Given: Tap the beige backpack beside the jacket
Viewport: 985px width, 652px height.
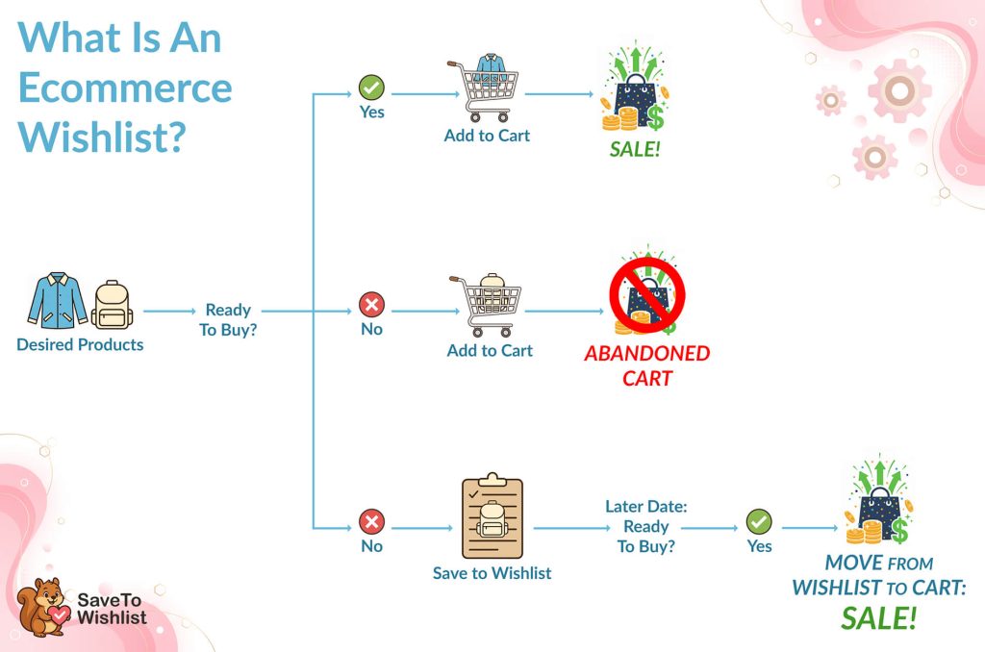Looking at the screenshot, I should coord(113,305).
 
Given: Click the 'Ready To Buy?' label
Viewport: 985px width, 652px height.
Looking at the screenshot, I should coord(228,319).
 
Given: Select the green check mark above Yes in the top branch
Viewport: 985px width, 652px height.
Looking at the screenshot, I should coord(371,88).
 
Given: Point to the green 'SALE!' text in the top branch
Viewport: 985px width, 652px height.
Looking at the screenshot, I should coord(635,150).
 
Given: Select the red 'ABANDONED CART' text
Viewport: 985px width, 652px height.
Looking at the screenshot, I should coord(647,364).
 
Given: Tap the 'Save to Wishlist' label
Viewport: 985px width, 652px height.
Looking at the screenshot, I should coord(492,573).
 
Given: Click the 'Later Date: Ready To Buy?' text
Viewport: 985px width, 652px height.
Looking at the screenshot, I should coord(645,526).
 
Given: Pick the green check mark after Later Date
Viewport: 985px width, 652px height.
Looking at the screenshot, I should coord(759,522).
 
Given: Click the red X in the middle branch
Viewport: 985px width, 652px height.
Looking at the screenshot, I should coord(371,306).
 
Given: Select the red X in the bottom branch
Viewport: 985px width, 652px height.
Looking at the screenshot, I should coord(371,522).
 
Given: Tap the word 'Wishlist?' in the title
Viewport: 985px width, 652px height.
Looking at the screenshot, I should coord(102,137).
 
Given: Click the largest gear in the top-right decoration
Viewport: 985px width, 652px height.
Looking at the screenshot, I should coord(899,90).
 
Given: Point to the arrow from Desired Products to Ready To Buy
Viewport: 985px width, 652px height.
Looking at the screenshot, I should coord(170,312).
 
